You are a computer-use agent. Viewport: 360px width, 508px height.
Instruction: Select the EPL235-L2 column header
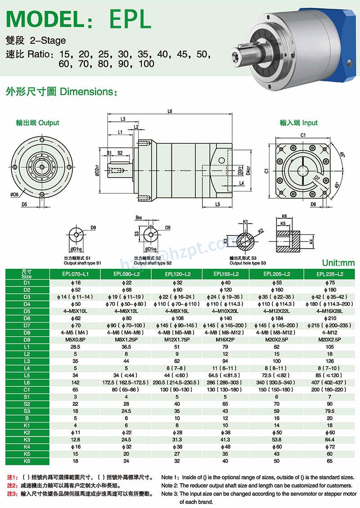point(330,273)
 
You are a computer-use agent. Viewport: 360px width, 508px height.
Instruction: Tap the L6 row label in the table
point(26,382)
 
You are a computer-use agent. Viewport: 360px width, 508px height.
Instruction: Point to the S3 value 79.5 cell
point(330,411)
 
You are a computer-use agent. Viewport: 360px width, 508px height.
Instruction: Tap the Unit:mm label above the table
point(338,263)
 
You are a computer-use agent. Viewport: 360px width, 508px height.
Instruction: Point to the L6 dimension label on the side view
point(170,111)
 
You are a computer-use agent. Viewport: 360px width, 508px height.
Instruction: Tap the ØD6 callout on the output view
point(14,195)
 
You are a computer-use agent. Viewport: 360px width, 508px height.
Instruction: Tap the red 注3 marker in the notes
point(12,494)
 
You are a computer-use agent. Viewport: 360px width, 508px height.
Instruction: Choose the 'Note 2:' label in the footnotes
point(171,485)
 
